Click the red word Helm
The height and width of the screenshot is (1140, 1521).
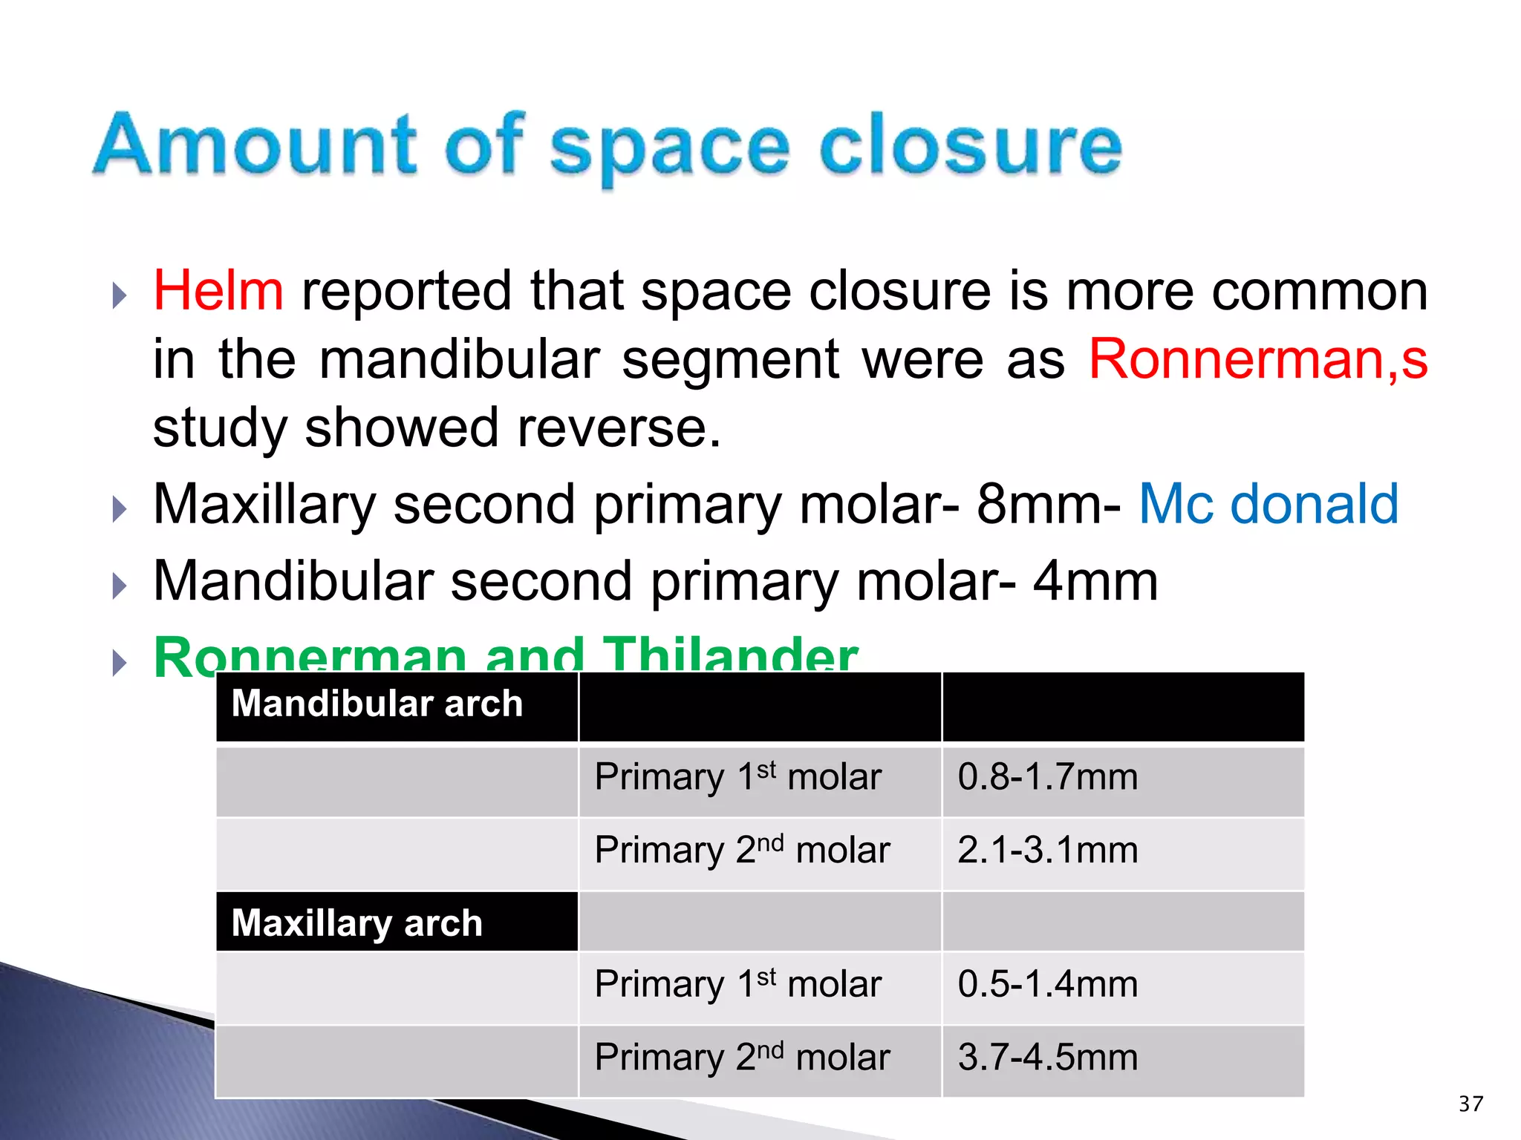218,291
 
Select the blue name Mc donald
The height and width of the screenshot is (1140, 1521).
1268,504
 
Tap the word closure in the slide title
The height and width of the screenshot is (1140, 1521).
970,146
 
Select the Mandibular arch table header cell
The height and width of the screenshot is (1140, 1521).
377,704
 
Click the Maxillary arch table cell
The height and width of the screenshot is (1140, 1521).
357,923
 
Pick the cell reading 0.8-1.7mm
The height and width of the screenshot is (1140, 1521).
1047,777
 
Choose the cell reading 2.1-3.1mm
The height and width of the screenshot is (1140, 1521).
1047,851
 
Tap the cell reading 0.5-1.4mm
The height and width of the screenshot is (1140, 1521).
1047,984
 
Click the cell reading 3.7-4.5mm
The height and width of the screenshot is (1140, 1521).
1047,1058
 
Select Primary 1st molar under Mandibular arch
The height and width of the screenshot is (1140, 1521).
737,777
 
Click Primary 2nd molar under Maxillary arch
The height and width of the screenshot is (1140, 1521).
742,1058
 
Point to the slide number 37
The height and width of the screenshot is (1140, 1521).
1470,1104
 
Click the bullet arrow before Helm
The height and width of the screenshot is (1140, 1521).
119,295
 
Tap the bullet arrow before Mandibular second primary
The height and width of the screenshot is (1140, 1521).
119,586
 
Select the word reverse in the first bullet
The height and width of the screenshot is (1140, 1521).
618,428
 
